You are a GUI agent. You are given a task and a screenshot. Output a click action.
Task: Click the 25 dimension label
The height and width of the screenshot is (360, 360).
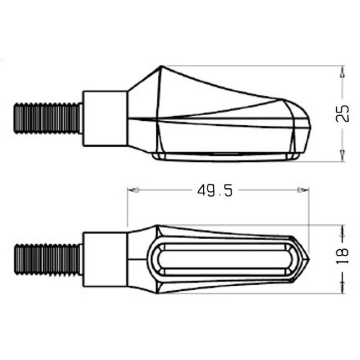point(342,114)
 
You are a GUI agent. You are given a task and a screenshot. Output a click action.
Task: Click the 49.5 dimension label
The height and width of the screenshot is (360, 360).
point(215,191)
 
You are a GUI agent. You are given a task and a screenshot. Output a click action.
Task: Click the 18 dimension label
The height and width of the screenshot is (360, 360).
point(342,256)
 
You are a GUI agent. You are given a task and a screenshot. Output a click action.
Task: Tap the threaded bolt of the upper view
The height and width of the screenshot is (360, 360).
point(48,118)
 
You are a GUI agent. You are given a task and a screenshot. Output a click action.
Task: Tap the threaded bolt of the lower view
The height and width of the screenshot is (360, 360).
point(48,259)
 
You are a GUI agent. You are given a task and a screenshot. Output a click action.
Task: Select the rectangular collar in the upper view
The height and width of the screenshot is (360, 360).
point(105,119)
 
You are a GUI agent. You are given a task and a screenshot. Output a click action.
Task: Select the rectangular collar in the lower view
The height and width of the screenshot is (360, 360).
point(105,259)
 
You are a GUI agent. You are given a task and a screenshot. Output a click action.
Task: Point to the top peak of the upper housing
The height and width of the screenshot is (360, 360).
point(161,66)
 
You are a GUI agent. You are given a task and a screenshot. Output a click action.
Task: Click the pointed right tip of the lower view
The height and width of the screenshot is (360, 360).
point(309,259)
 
